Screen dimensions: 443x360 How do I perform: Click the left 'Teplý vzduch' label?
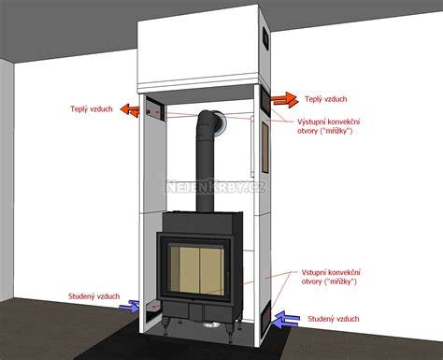(92, 109)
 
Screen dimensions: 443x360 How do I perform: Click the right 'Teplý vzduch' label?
(325, 99)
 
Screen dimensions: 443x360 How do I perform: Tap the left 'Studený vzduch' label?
(93, 296)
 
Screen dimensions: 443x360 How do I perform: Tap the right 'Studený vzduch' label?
(334, 319)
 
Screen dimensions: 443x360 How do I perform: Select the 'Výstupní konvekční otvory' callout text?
(328, 126)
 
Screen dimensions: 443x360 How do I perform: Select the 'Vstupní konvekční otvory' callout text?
(331, 277)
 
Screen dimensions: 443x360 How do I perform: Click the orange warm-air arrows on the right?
(284, 100)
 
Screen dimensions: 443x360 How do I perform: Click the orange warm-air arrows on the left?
(130, 110)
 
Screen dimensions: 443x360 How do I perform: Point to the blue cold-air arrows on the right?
(286, 320)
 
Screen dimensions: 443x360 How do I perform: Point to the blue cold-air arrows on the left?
(130, 306)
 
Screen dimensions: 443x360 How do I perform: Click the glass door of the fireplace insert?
(196, 269)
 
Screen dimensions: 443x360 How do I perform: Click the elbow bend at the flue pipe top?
(208, 120)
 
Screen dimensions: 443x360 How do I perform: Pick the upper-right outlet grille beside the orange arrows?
(265, 101)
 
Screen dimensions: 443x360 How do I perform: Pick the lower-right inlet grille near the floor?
(265, 317)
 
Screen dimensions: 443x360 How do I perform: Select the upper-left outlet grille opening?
(155, 109)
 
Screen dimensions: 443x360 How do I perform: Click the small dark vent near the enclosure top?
(265, 37)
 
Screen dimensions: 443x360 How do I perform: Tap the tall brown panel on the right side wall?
(264, 147)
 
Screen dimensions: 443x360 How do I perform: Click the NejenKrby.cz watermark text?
(216, 186)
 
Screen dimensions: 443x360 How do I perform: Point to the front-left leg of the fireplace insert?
(165, 326)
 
